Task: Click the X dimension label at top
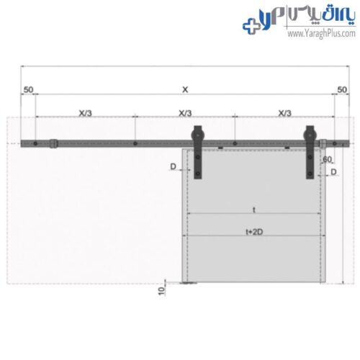pos(185,90)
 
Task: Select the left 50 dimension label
pos(28,90)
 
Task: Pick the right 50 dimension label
pos(342,90)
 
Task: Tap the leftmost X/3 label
pos(85,113)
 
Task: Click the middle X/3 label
pos(185,113)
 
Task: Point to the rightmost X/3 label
pos(284,113)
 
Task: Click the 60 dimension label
pos(328,159)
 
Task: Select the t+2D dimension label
pos(254,232)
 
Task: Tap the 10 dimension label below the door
pos(162,291)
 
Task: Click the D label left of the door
pos(173,166)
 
